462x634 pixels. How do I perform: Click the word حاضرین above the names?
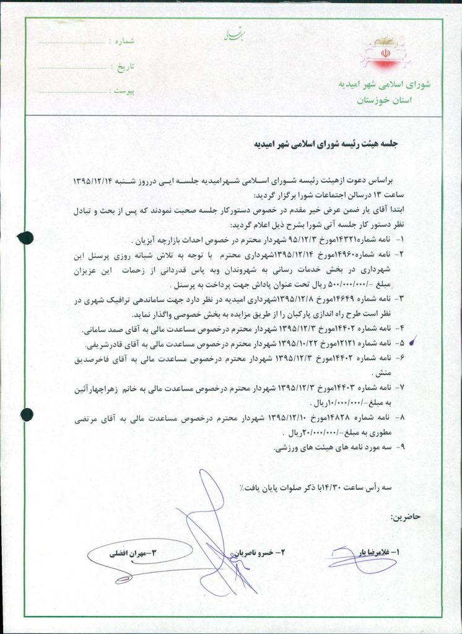point(403,516)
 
